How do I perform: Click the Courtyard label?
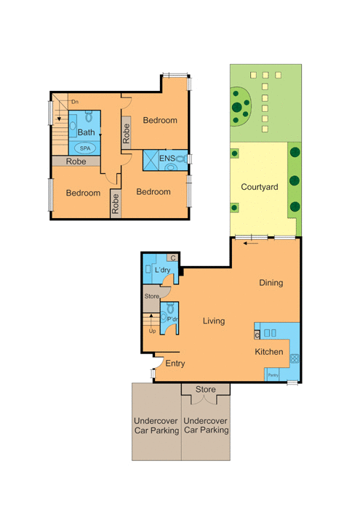260,187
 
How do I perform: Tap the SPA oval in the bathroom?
85,148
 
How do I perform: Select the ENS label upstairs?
167,159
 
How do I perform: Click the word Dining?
271,283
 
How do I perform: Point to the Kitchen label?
269,352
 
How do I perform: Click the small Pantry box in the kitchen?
272,374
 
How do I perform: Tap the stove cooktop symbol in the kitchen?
294,358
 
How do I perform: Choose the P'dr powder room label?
172,319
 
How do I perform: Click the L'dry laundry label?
162,270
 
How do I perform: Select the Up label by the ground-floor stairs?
152,331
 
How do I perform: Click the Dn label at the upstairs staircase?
75,102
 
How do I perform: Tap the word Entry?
175,364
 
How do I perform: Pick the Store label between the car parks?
206,389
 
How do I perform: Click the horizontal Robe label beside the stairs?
76,161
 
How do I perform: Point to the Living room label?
214,321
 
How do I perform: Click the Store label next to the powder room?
151,296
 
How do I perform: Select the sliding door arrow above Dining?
251,243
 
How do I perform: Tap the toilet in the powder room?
170,308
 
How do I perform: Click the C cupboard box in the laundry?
172,257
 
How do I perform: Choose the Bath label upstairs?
86,132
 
